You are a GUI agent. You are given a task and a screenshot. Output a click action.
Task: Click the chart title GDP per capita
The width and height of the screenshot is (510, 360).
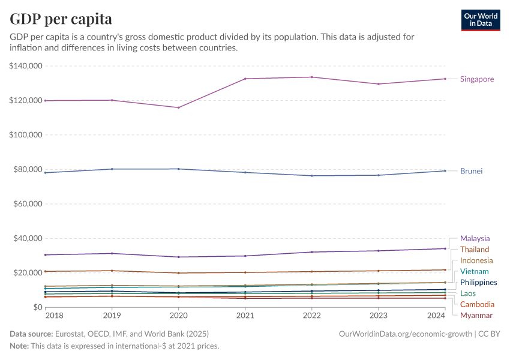(x=61, y=19)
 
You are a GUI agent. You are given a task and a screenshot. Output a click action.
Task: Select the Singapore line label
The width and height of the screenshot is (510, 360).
(x=477, y=79)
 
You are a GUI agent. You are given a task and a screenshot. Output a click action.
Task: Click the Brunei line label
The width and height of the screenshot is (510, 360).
(x=471, y=171)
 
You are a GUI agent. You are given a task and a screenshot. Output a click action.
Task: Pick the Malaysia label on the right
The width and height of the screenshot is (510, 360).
(x=475, y=238)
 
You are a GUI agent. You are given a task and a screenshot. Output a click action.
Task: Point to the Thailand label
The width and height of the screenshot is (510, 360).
(x=474, y=250)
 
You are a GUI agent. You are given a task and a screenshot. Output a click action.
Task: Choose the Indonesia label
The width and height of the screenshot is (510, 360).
(x=476, y=260)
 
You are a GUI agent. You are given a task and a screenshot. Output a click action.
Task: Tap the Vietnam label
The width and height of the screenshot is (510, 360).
(x=474, y=272)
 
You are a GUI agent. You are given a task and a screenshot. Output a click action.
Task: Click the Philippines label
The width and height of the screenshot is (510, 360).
(x=478, y=283)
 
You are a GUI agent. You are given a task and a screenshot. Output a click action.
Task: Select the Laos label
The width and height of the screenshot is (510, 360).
(x=468, y=293)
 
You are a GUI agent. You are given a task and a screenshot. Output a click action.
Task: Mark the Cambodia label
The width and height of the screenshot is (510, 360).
(x=477, y=305)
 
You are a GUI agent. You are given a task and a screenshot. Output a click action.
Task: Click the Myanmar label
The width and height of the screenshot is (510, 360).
(x=476, y=316)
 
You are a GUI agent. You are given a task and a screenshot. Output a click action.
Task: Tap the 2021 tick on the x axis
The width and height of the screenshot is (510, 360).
(x=245, y=315)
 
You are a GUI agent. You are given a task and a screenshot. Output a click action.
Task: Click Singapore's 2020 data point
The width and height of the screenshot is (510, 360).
(x=178, y=107)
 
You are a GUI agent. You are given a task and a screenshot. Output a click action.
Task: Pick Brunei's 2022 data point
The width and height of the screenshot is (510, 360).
(x=311, y=175)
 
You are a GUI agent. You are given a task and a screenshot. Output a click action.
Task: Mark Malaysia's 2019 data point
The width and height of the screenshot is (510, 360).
(x=112, y=253)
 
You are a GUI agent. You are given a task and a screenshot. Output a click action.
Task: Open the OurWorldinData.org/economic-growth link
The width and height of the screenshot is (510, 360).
(x=406, y=334)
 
